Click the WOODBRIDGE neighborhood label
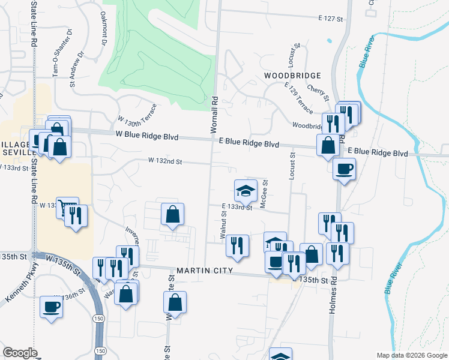coord(292,76)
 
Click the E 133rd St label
coord(236,207)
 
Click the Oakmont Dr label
coord(103,28)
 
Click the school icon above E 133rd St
coord(246,191)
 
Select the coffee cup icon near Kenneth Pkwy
coord(51,307)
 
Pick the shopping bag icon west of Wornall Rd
coord(172,215)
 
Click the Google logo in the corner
coord(20,352)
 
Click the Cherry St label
coord(319,93)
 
